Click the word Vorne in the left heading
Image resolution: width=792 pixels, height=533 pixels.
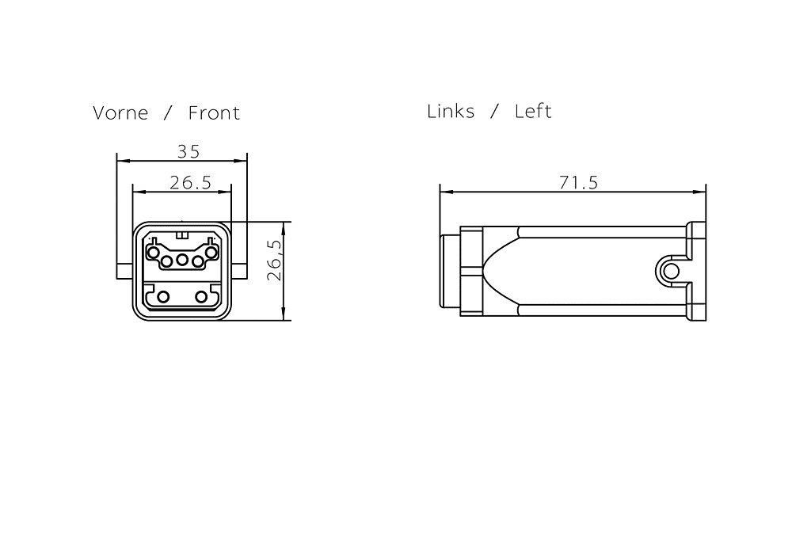coord(120,113)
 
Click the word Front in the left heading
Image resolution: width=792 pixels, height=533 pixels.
coord(214,113)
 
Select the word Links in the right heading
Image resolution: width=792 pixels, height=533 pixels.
coord(451,112)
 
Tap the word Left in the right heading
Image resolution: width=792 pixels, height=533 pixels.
coord(533,112)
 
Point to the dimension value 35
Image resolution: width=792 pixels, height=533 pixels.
coord(188,151)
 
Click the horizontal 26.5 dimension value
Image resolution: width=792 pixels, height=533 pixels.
coord(190,183)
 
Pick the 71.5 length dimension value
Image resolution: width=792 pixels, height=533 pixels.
coord(578,183)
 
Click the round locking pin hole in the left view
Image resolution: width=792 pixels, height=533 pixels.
coord(672,272)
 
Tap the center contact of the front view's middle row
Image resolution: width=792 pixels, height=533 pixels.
coord(182,260)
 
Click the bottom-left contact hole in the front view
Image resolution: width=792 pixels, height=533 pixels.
coord(163,297)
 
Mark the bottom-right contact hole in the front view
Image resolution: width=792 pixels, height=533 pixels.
coord(201,297)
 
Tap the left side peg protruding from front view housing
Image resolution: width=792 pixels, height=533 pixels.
coord(124,271)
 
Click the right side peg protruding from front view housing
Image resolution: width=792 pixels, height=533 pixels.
coord(238,271)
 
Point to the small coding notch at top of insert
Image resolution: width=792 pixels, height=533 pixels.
coord(182,235)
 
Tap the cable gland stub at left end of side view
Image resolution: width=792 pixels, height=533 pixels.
coord(449,272)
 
